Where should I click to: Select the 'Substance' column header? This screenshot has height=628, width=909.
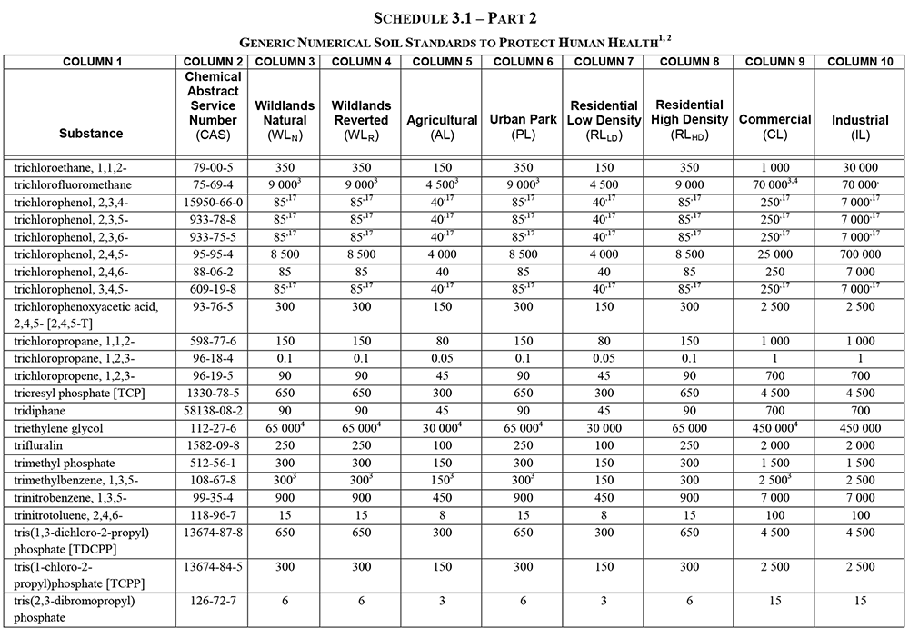coord(91,134)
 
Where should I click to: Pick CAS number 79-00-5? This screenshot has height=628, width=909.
coord(212,167)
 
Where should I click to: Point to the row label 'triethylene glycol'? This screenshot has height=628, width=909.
coord(58,428)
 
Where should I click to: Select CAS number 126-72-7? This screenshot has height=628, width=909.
coord(212,601)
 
